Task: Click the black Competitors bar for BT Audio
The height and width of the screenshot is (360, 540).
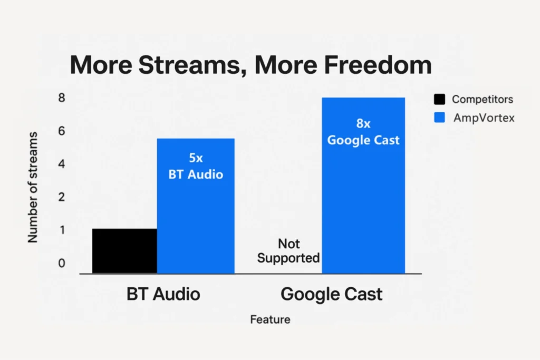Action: pyautogui.click(x=124, y=251)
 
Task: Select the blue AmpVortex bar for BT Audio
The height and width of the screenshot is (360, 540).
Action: pyautogui.click(x=196, y=206)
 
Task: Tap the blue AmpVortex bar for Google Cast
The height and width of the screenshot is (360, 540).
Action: pyautogui.click(x=363, y=186)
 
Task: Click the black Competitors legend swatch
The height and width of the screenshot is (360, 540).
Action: pyautogui.click(x=439, y=99)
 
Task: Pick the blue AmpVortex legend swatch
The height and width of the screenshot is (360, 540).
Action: pyautogui.click(x=439, y=118)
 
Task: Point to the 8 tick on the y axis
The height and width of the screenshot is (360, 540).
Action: pyautogui.click(x=62, y=98)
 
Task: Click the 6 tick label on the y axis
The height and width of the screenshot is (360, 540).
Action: pyautogui.click(x=62, y=131)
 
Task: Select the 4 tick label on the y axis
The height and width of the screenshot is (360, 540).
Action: pyautogui.click(x=62, y=164)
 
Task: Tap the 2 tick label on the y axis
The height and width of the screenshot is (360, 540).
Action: pyautogui.click(x=62, y=197)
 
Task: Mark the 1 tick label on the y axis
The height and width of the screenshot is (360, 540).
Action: pyautogui.click(x=62, y=230)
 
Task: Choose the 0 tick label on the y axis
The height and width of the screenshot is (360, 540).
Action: pyautogui.click(x=62, y=263)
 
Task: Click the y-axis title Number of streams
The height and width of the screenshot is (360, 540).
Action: pyautogui.click(x=32, y=187)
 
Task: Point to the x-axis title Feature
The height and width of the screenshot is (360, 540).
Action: pyautogui.click(x=270, y=319)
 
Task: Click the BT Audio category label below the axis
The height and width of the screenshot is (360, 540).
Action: pyautogui.click(x=163, y=294)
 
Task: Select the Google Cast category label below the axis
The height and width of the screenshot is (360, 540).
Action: pyautogui.click(x=331, y=294)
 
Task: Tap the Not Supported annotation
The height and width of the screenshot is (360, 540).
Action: pyautogui.click(x=288, y=251)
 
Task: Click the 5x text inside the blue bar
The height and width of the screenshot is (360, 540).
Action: pyautogui.click(x=196, y=158)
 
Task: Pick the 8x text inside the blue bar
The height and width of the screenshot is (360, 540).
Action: pyautogui.click(x=363, y=123)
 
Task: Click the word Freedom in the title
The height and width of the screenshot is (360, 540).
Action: pyautogui.click(x=378, y=65)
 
